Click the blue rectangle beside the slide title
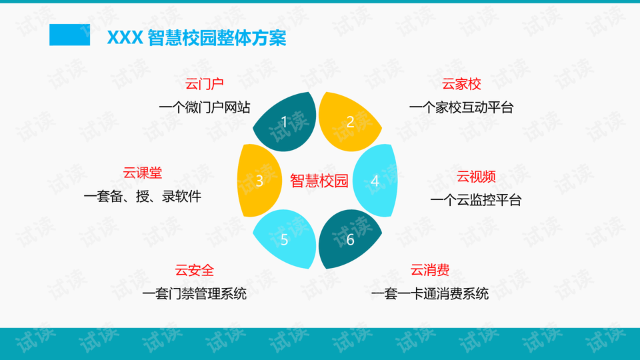coord(69,35)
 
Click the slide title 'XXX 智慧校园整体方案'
coord(196,38)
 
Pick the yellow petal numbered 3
coord(259,181)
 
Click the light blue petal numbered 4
coord(375,181)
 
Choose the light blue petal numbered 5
coord(285,239)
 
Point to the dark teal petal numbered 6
coord(349,239)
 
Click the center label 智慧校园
coord(319,181)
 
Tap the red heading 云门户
coord(204,84)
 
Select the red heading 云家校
coord(461,84)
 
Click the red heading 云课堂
coord(143,173)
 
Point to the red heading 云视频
coord(476,177)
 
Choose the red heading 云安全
coord(194,270)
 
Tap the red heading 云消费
coord(430,270)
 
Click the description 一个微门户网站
coord(205,108)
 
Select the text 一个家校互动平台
coord(461,108)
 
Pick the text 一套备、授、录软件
coord(143,197)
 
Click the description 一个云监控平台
coord(476,201)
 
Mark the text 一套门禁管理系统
coord(194,294)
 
